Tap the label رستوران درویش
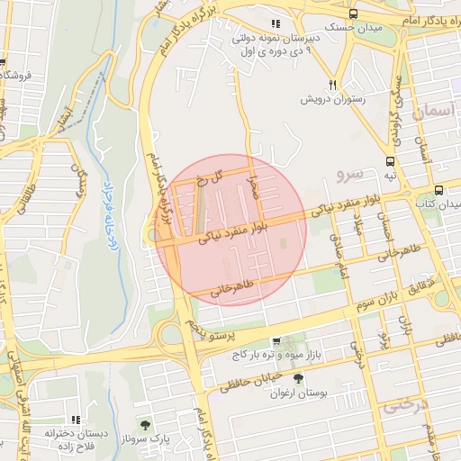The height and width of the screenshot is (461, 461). pyautogui.click(x=332, y=98)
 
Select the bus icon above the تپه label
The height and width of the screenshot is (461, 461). pyautogui.click(x=390, y=162)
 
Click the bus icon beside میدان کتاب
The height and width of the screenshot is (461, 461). pyautogui.click(x=438, y=191)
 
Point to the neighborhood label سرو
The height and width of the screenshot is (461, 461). pyautogui.click(x=348, y=172)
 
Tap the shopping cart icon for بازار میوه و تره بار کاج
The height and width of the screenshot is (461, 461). pyautogui.click(x=276, y=341)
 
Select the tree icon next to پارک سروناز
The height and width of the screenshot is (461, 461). pyautogui.click(x=146, y=423)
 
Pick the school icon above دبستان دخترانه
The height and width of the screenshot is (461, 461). pyautogui.click(x=77, y=420)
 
